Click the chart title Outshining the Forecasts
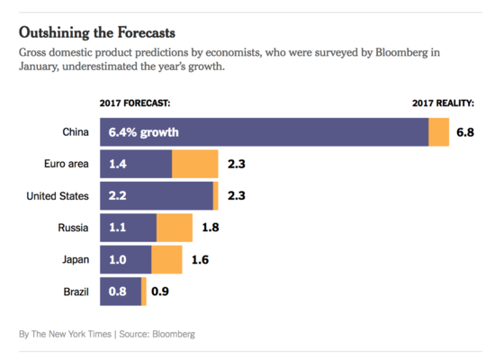(97, 32)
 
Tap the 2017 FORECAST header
(135, 103)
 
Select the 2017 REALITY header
(443, 103)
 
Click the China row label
(76, 132)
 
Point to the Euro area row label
(67, 164)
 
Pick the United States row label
(58, 196)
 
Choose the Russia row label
(73, 228)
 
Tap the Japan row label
(76, 260)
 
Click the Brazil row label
(76, 292)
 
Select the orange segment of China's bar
(439, 132)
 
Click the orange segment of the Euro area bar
(195, 164)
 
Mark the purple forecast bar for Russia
(128, 228)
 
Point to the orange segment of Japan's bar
(166, 260)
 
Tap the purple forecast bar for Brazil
(121, 292)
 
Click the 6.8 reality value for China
(465, 132)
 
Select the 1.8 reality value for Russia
(211, 228)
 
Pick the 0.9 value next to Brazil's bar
(160, 292)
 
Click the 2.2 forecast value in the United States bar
(117, 196)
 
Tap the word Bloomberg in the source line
(174, 334)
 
